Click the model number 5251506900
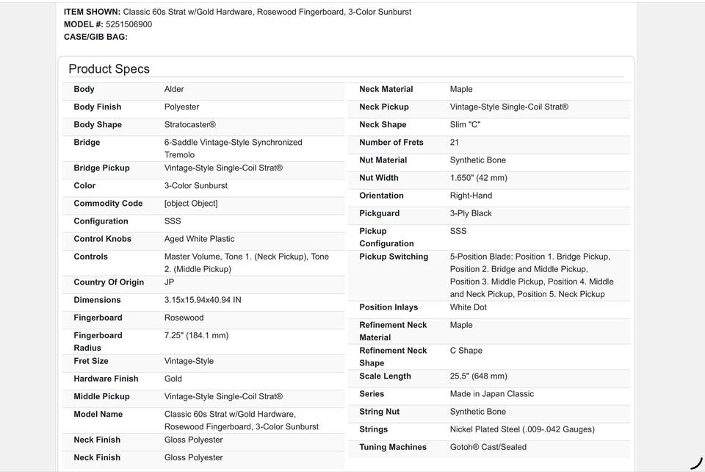(x=129, y=24)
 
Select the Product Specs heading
(x=109, y=69)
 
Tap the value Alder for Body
(x=174, y=89)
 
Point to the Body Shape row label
(x=98, y=125)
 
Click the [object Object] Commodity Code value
(x=191, y=204)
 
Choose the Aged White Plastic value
(x=199, y=239)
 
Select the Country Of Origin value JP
(x=170, y=282)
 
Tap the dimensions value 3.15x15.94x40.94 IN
(x=203, y=300)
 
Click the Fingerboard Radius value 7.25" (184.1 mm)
(x=196, y=335)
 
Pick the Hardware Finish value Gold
(x=173, y=379)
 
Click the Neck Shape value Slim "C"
(x=465, y=125)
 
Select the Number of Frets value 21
(x=455, y=143)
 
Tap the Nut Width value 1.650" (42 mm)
(x=478, y=178)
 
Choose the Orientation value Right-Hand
(x=471, y=196)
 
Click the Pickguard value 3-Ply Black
(x=471, y=213)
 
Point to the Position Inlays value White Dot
(x=471, y=307)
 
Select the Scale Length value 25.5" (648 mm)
(x=478, y=376)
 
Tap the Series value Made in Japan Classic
(x=491, y=394)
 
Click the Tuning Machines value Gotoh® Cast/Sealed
(x=488, y=447)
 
